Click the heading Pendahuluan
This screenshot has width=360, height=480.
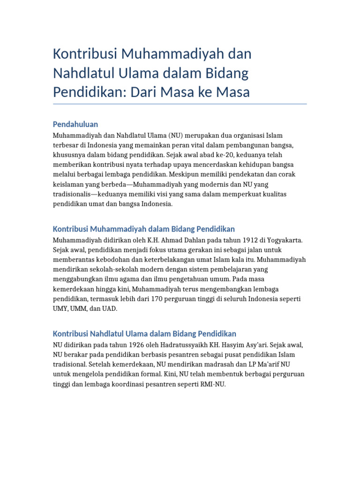click(x=75, y=124)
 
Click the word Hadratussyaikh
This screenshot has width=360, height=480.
click(x=171, y=345)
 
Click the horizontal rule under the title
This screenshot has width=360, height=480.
click(x=180, y=104)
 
